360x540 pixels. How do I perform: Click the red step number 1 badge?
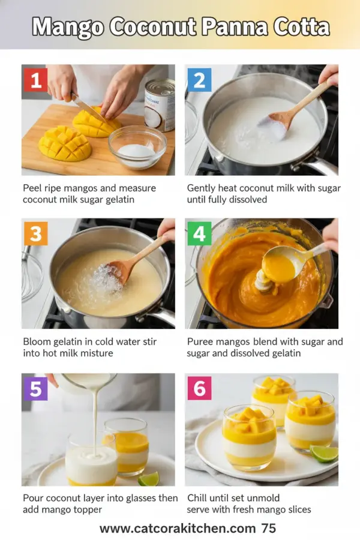click(x=35, y=80)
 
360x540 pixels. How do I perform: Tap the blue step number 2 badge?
click(x=199, y=80)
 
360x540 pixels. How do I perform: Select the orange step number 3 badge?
click(x=35, y=233)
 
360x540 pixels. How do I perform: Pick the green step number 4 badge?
click(x=199, y=233)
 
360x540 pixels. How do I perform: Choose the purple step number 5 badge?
click(x=35, y=388)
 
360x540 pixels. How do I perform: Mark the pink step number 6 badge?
click(x=199, y=388)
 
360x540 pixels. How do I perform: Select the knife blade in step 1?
click(x=88, y=108)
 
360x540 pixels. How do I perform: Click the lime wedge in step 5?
click(x=148, y=478)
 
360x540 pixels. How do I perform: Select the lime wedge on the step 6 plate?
click(x=324, y=453)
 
